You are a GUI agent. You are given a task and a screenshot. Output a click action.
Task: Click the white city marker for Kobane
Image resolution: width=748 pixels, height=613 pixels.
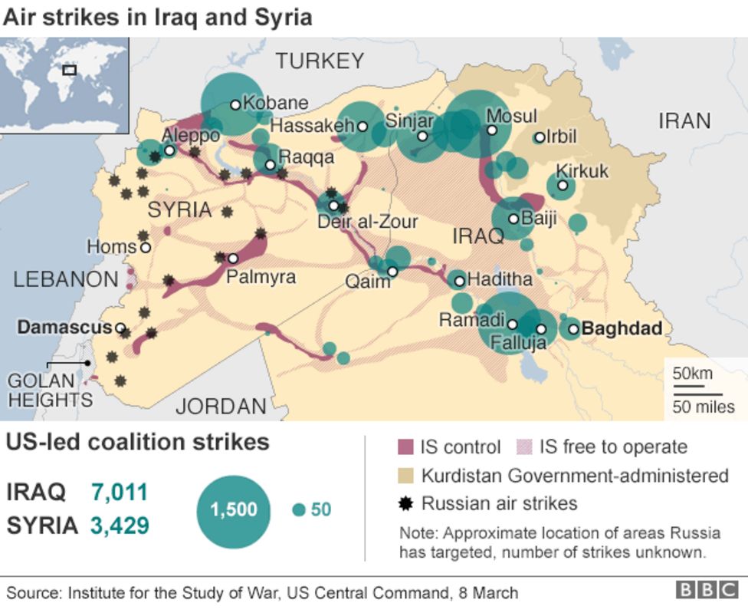pos(235,104)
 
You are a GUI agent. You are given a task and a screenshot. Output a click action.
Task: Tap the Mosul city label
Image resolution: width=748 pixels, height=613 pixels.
pos(512,116)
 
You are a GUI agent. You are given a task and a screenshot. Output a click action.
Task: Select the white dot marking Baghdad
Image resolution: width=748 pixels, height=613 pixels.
pos(572,329)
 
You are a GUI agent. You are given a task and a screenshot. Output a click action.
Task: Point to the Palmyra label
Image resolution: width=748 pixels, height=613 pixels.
pos(261,277)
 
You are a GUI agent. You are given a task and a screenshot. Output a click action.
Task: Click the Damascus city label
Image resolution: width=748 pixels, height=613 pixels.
pos(65,328)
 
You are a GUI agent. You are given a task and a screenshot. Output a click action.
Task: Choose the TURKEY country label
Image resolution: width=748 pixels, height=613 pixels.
pos(320,61)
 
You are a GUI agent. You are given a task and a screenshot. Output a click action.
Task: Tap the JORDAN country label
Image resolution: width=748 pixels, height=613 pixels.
pos(221,406)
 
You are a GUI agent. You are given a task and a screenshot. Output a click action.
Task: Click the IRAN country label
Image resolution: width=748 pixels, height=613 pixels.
pos(684,120)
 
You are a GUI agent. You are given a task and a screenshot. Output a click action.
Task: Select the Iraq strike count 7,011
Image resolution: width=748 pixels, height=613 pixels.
pos(119,492)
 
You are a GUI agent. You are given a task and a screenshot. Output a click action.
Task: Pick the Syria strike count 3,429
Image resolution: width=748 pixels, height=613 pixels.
pos(119,526)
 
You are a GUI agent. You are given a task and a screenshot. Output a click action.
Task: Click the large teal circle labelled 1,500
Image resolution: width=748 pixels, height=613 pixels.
pos(234,510)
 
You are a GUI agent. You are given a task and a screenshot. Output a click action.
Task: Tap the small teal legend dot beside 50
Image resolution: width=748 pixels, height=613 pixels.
pos(299,510)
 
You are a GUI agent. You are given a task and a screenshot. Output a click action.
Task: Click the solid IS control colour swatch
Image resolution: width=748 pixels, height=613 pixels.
pos(406,447)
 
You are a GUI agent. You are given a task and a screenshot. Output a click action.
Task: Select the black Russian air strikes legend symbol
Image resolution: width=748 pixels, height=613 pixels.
pos(406,504)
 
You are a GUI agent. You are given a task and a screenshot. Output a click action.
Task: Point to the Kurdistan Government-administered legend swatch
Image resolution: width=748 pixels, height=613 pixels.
pos(406,476)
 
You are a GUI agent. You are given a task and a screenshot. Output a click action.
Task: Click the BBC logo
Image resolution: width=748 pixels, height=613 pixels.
pos(706,590)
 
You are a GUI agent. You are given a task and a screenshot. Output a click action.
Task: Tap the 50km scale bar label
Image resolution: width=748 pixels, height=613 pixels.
pos(693,374)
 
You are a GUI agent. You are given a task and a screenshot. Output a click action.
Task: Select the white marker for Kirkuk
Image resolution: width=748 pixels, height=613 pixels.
pos(563,185)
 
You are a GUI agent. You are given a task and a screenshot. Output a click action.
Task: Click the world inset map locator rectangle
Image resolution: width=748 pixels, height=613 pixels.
pos(70,70)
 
